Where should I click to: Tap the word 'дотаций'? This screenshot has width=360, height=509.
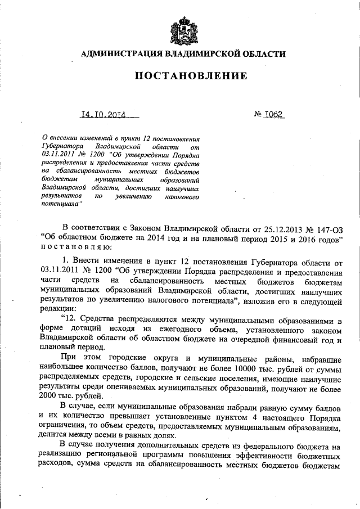coord(83,330)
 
